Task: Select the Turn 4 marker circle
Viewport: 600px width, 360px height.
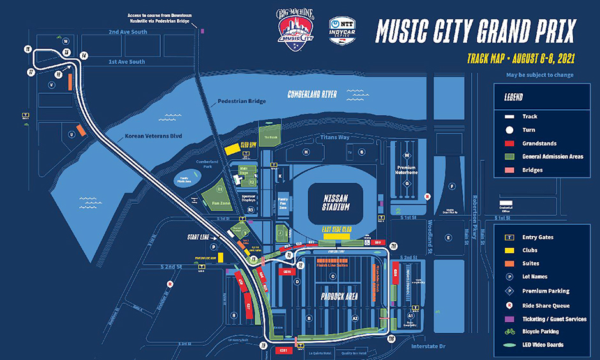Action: click(84, 56)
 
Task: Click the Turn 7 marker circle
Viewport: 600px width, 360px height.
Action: click(30, 72)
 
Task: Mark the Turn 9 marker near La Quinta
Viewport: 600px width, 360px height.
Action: click(262, 345)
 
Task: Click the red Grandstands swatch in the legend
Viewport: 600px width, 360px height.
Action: click(509, 144)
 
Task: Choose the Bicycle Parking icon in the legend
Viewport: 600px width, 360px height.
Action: click(509, 331)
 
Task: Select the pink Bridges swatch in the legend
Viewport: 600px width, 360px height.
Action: click(509, 170)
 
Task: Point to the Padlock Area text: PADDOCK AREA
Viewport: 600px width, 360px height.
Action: click(335, 296)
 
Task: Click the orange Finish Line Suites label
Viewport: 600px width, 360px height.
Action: click(331, 265)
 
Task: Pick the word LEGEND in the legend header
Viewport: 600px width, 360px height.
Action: click(513, 98)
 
